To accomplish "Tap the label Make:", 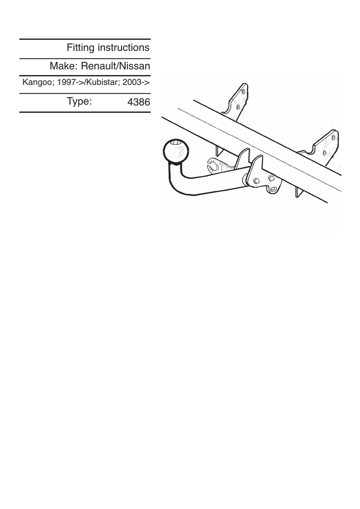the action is (63, 66).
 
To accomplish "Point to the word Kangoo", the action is (37, 83).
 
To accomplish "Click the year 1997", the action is (67, 83).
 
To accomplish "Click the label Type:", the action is (79, 101).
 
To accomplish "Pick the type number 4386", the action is (138, 103).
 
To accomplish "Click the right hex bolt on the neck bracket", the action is (271, 178).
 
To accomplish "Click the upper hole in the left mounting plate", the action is (243, 92).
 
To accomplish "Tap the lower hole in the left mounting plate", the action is (237, 106).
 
